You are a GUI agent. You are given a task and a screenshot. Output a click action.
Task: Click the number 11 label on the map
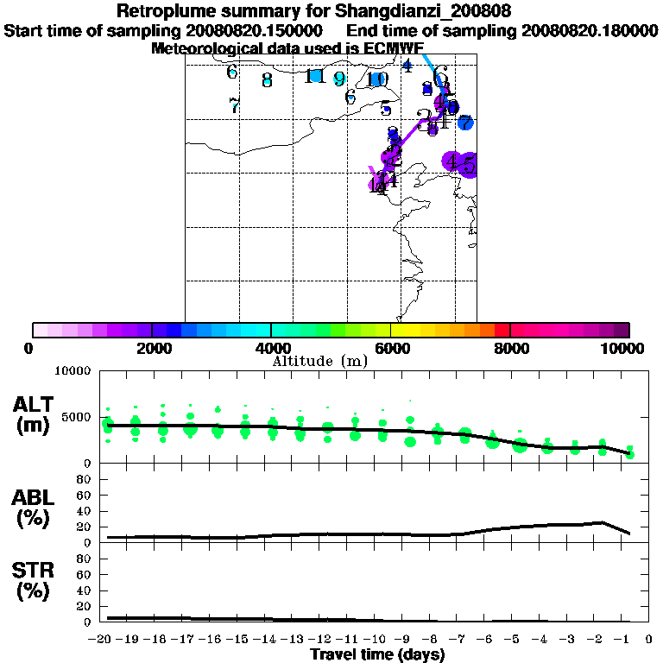(x=315, y=76)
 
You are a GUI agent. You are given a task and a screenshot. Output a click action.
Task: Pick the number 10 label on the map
(x=376, y=79)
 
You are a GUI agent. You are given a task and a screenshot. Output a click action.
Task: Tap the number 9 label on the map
(x=339, y=79)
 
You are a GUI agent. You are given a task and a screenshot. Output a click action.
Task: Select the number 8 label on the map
(x=267, y=80)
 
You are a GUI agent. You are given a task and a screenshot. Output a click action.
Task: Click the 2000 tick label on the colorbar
(x=151, y=348)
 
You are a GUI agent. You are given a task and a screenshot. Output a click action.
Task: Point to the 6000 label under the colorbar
(x=391, y=348)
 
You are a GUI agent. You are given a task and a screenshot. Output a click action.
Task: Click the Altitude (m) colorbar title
(x=319, y=361)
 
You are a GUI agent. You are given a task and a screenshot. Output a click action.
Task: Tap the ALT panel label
(x=32, y=405)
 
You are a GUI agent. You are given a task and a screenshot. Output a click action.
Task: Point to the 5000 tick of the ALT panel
(x=78, y=417)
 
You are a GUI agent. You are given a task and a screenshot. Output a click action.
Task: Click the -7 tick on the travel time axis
(x=463, y=639)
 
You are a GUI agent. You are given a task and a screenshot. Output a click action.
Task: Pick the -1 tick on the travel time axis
(x=628, y=639)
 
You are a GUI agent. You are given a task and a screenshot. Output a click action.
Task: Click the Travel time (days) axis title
(x=376, y=654)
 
